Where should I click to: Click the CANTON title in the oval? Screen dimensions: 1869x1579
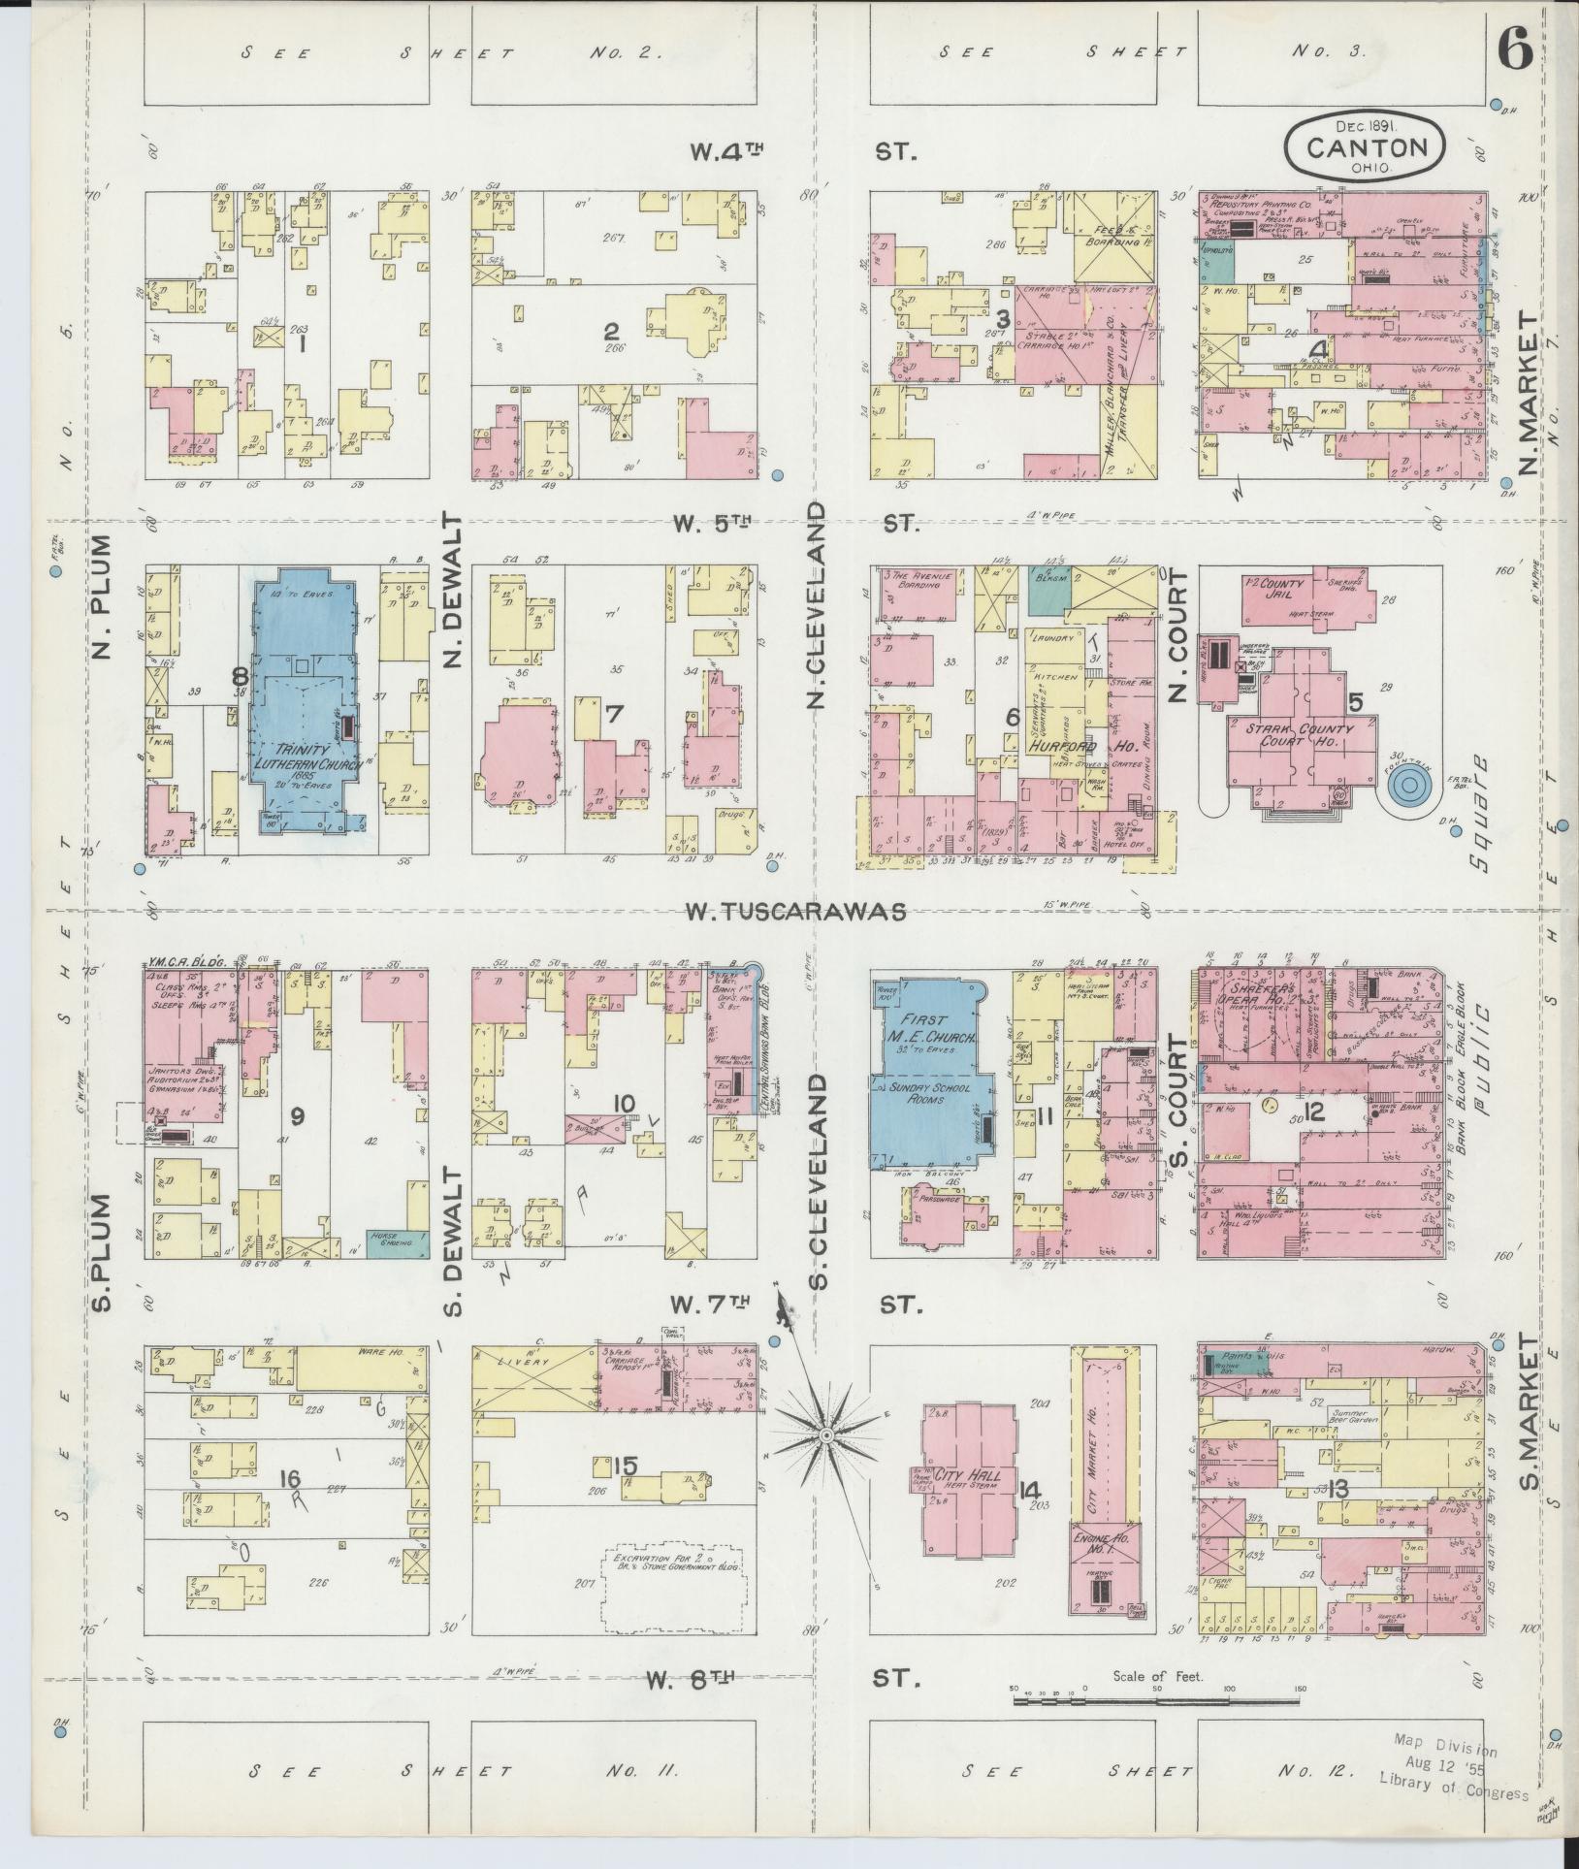(x=1367, y=147)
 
